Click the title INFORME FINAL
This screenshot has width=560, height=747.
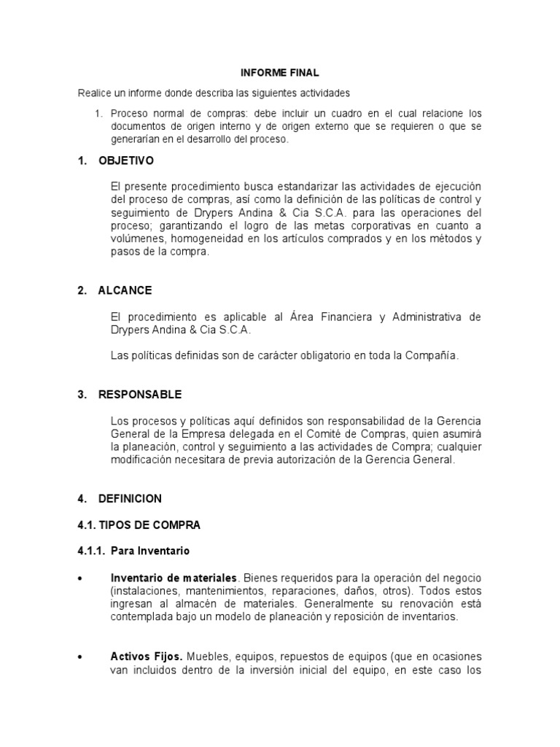tap(280, 73)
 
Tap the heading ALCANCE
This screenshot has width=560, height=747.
tap(125, 290)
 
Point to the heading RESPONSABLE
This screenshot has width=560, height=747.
tap(140, 395)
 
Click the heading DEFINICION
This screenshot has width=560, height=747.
tap(131, 499)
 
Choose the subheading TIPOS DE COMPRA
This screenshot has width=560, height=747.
tap(139, 525)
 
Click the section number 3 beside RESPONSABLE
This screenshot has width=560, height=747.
tap(81, 395)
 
